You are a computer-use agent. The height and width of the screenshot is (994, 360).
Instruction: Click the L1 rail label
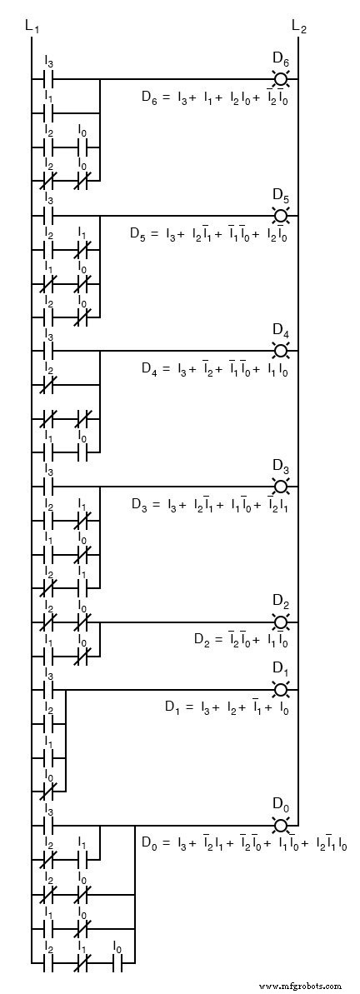[x=32, y=27]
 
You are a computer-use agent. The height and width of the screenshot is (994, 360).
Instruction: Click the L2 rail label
[x=299, y=27]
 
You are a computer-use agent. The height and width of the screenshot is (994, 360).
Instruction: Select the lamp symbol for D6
[x=281, y=79]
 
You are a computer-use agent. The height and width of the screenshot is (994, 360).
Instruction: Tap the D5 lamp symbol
[x=281, y=215]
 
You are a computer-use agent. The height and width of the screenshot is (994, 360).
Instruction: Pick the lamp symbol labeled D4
[x=281, y=351]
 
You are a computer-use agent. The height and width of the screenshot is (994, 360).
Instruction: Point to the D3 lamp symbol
[x=281, y=486]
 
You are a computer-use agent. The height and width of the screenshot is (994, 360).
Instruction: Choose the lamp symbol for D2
[x=281, y=622]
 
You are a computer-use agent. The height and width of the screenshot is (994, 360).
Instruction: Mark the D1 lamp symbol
[x=281, y=690]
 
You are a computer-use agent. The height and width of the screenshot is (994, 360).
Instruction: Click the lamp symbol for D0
[x=281, y=825]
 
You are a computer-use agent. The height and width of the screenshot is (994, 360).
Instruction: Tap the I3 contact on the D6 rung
[x=48, y=79]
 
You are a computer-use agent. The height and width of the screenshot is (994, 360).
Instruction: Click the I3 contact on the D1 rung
[x=48, y=690]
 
